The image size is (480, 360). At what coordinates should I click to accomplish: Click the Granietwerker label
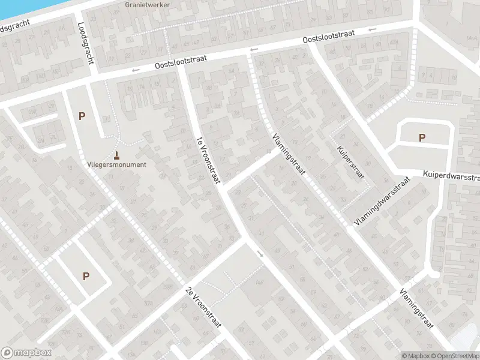point(148,5)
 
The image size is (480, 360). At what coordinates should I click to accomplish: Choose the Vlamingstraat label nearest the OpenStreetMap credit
point(416,309)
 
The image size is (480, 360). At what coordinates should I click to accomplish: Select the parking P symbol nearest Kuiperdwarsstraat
point(422,137)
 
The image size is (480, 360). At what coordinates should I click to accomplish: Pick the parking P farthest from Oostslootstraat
point(86,276)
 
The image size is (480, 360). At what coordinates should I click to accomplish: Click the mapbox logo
point(26,353)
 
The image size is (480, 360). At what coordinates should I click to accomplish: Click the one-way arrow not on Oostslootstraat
point(260,254)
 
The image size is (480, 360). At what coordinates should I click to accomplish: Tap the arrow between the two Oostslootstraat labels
point(254,49)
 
